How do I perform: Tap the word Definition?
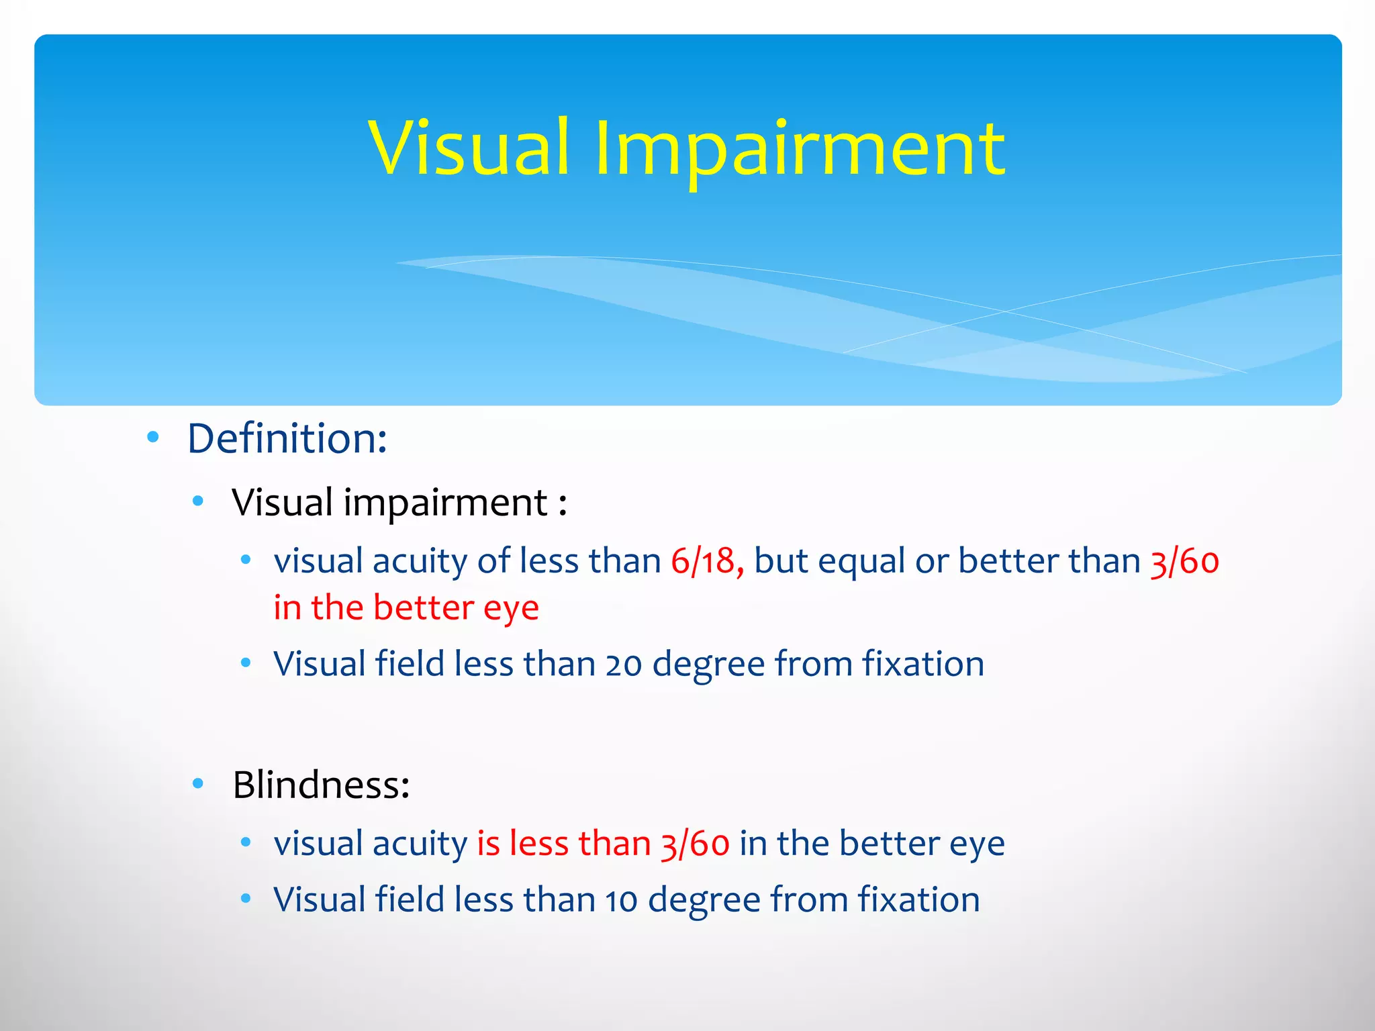(x=287, y=439)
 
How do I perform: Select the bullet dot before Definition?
(x=153, y=438)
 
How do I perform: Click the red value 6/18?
(x=706, y=561)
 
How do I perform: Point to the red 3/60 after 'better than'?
(x=1184, y=561)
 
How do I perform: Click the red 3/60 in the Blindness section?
(x=695, y=844)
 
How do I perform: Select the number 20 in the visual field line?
(x=624, y=665)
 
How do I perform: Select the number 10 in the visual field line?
(x=621, y=901)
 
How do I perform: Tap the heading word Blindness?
(x=321, y=785)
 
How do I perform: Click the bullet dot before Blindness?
(x=197, y=783)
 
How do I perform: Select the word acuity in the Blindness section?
(x=420, y=844)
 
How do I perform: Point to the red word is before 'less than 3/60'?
(x=488, y=843)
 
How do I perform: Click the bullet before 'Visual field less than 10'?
(x=246, y=898)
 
